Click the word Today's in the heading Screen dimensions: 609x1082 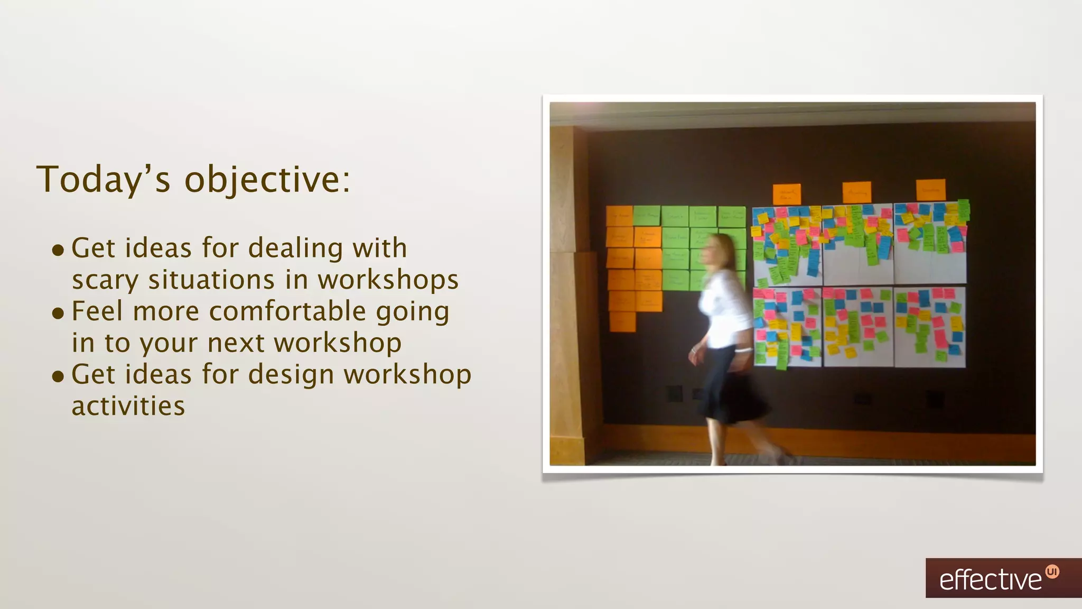[104, 180]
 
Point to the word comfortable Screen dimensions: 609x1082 [287, 311]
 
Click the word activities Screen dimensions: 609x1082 [128, 407]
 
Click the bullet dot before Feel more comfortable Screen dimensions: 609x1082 [58, 313]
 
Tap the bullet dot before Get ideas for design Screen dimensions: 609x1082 [58, 376]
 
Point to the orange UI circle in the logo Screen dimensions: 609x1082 [1052, 571]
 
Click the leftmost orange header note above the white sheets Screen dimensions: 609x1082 [787, 194]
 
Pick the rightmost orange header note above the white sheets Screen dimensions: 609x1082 [930, 190]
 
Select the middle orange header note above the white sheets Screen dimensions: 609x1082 [856, 192]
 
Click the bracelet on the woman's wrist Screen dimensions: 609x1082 [743, 350]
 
